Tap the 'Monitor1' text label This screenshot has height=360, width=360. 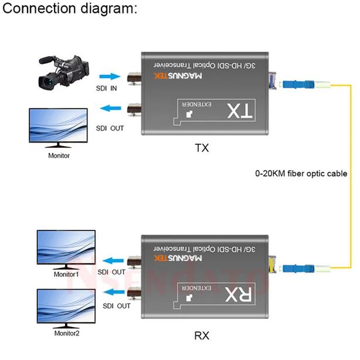coord(66,274)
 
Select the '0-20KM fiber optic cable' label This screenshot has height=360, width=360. coord(301,174)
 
